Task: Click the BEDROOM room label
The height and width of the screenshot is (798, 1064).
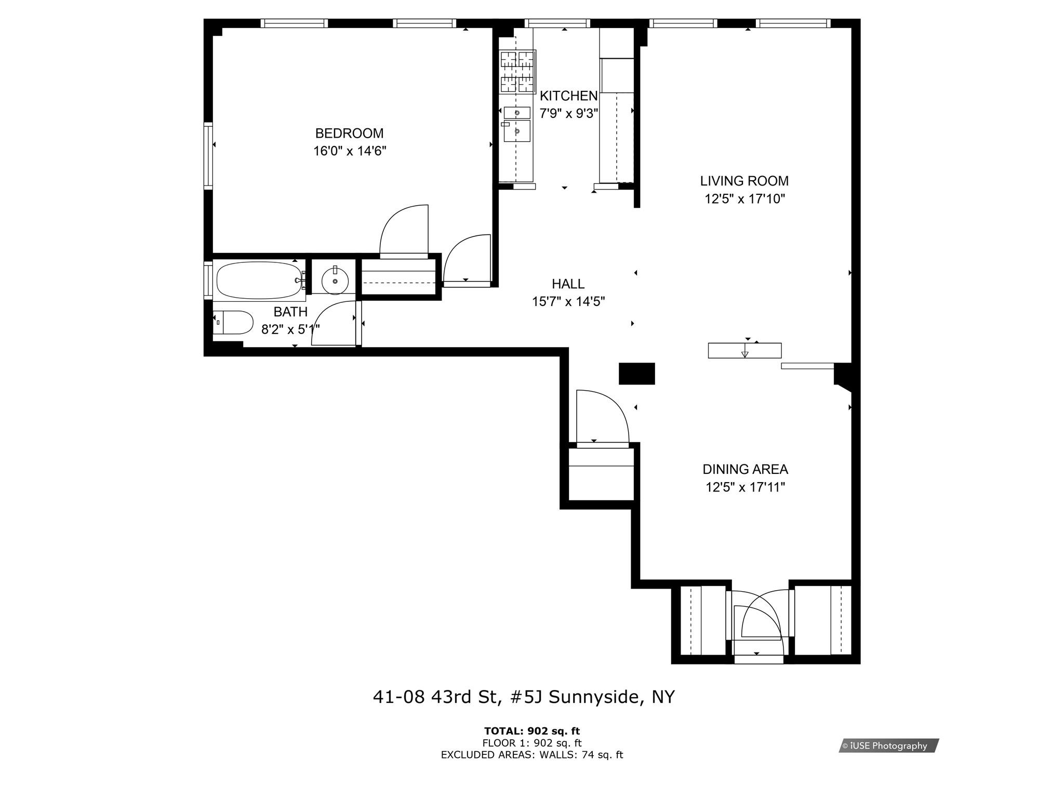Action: pyautogui.click(x=349, y=134)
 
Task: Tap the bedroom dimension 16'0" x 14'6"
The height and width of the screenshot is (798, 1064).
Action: pyautogui.click(x=350, y=151)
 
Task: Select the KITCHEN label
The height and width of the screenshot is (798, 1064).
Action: pyautogui.click(x=568, y=96)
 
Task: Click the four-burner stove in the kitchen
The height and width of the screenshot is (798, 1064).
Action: pyautogui.click(x=517, y=72)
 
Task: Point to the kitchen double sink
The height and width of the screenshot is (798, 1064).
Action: pyautogui.click(x=516, y=124)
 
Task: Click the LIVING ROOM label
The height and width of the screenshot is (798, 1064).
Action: pyautogui.click(x=744, y=181)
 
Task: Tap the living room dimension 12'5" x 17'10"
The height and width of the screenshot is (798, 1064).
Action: pyautogui.click(x=744, y=199)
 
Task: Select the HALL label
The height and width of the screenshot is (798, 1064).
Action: pyautogui.click(x=568, y=284)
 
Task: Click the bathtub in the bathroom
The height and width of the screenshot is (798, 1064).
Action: pyautogui.click(x=258, y=280)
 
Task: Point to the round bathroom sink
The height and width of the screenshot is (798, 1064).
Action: pyautogui.click(x=335, y=281)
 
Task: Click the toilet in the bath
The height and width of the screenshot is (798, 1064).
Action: pyautogui.click(x=232, y=323)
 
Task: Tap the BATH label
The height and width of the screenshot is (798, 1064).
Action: pyautogui.click(x=290, y=312)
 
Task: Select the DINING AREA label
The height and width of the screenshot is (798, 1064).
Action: pyautogui.click(x=744, y=470)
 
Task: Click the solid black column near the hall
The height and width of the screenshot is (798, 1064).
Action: pyautogui.click(x=636, y=374)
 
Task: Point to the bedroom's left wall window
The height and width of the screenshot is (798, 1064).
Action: pyautogui.click(x=208, y=155)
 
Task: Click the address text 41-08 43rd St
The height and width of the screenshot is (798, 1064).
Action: pyautogui.click(x=437, y=697)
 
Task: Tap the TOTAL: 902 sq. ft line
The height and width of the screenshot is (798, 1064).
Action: pyautogui.click(x=531, y=731)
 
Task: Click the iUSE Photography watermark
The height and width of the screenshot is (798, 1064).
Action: pyautogui.click(x=888, y=746)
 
